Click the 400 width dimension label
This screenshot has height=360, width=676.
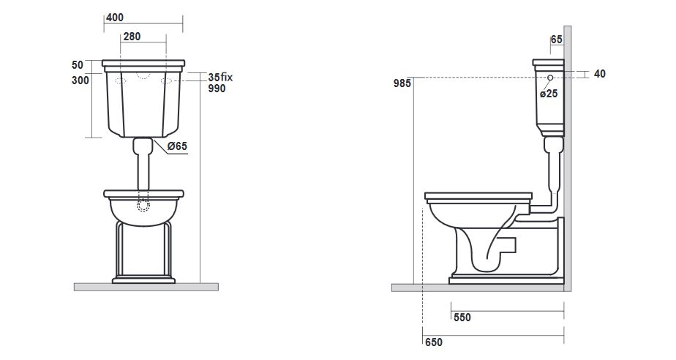point(115,18)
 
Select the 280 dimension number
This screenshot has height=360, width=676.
point(132,37)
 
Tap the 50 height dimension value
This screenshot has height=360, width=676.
point(77,65)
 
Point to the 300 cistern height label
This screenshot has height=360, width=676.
point(80,80)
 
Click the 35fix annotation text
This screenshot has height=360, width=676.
point(220,77)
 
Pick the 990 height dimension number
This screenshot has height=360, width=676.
point(217,89)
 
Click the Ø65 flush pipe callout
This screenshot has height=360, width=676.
point(177,146)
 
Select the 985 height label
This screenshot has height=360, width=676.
point(402,83)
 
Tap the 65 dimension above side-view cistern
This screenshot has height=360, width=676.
point(557,40)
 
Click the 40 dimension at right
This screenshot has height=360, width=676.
point(600,74)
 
